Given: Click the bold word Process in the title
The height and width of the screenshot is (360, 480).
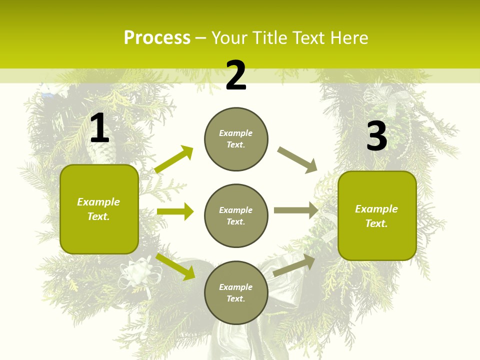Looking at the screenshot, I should [x=157, y=38].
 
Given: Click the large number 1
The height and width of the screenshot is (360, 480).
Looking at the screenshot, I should [x=99, y=128].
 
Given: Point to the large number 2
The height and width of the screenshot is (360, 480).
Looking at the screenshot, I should [x=236, y=75].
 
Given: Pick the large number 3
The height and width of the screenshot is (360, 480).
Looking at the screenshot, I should [x=376, y=136].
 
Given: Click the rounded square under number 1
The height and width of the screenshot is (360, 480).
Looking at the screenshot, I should [x=99, y=209].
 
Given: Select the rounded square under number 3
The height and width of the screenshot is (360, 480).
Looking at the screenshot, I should [x=377, y=215].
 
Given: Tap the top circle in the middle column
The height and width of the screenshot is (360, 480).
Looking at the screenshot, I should [x=236, y=139].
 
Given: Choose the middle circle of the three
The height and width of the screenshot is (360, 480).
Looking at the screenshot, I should [x=236, y=215].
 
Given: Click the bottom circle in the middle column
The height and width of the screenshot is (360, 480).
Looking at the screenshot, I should [x=236, y=292].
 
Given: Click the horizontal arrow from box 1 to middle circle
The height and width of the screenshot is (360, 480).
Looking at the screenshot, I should [x=175, y=211].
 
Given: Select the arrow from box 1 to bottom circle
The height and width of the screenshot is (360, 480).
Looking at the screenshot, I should [x=175, y=266].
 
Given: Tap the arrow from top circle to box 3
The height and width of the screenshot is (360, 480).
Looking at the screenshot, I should [x=297, y=160].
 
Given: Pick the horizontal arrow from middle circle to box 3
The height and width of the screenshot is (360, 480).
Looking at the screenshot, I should [x=296, y=210].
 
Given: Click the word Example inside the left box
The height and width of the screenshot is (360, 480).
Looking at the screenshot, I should [x=98, y=202].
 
